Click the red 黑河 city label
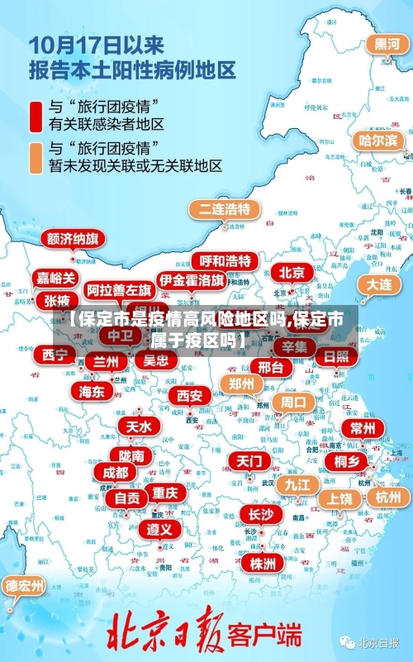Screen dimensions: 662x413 click(386, 44)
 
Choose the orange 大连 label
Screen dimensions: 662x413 click(379, 283)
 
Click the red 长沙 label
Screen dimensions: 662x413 click(261, 514)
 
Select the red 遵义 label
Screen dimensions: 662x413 click(160, 529)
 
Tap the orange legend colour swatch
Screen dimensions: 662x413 click(36, 157)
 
